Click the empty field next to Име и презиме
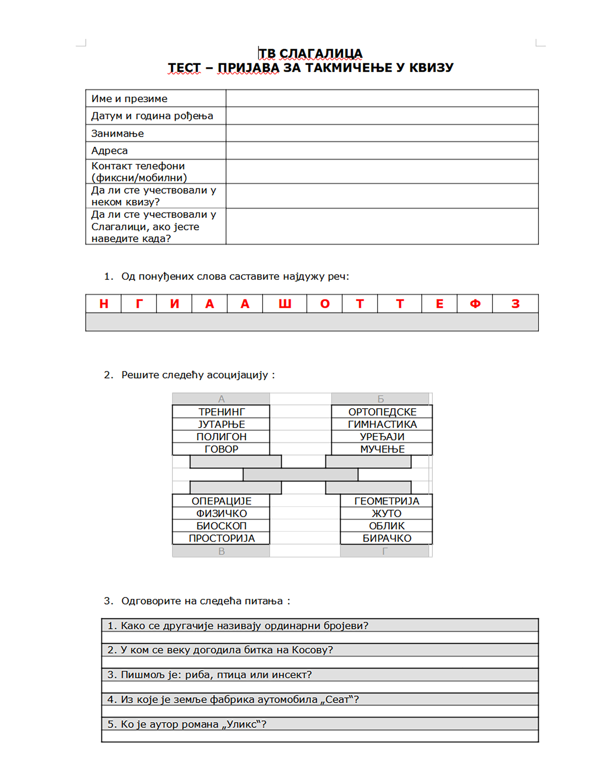point(382,98)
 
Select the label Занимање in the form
point(118,134)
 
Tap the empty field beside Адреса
point(382,150)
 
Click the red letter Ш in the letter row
point(285,304)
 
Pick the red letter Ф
point(475,304)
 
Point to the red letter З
point(515,304)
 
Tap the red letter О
point(325,304)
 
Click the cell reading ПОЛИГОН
point(221,437)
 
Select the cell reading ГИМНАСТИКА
point(382,424)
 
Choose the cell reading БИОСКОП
point(221,526)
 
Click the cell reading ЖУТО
point(386,513)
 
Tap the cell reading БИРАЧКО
point(387,538)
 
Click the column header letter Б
point(381,399)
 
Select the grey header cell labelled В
point(221,551)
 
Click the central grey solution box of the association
point(300,475)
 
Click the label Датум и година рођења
point(152,116)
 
